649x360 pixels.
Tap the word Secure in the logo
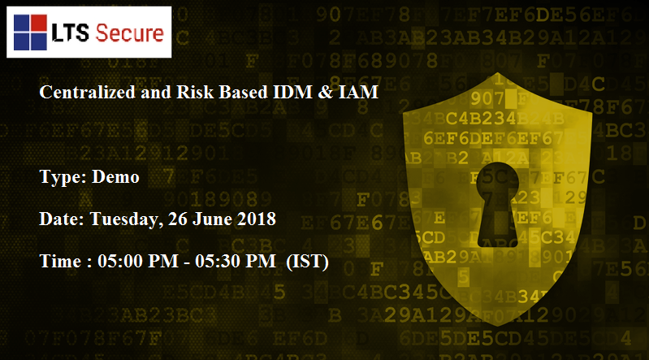(129, 33)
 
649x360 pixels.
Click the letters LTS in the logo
(70, 33)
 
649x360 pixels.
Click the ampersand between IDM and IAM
(326, 92)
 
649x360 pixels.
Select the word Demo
(115, 177)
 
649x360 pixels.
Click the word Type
(63, 178)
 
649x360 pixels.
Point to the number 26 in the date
(178, 219)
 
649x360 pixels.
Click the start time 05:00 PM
(138, 261)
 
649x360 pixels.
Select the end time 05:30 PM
(236, 261)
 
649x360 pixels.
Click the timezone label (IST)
(308, 262)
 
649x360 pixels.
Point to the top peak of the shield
(497, 73)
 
